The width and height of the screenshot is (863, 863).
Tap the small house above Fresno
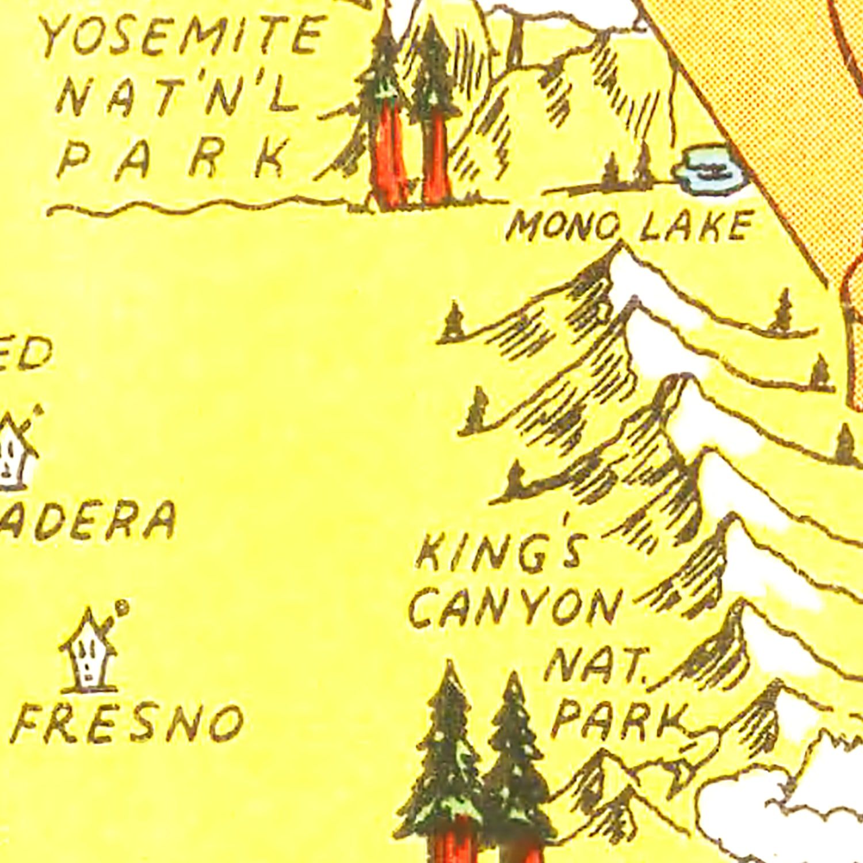click(x=88, y=653)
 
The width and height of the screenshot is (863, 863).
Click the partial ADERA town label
click(x=86, y=521)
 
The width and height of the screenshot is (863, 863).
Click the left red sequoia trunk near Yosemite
click(x=388, y=155)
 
